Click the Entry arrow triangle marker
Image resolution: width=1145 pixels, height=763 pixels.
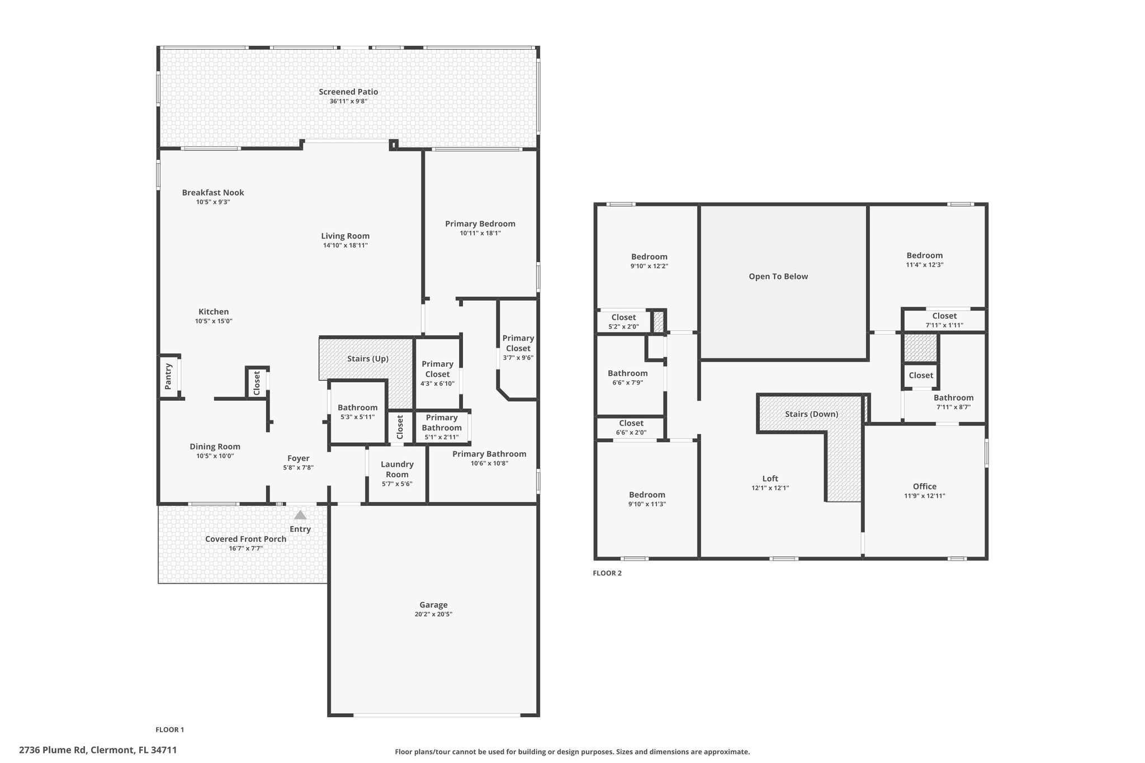(300, 515)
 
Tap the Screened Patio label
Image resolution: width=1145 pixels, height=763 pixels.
(348, 92)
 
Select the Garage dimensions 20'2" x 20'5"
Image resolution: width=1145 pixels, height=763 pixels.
(433, 614)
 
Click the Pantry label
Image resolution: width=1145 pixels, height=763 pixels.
(168, 376)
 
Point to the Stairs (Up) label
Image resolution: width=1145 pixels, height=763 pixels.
(367, 359)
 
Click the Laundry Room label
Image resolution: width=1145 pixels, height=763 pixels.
(397, 469)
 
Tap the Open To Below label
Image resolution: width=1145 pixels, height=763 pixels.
(778, 276)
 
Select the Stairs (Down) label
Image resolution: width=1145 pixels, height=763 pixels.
(811, 414)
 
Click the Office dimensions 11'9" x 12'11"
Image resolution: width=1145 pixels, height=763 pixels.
(924, 496)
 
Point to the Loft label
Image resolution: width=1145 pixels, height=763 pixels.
(770, 478)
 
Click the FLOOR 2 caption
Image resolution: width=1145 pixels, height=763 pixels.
(607, 573)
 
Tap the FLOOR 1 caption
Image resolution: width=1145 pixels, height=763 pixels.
(169, 729)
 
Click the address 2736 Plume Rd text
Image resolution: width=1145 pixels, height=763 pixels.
(98, 750)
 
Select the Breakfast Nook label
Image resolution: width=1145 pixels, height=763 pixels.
(213, 192)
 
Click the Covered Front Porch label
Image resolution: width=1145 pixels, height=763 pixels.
(245, 539)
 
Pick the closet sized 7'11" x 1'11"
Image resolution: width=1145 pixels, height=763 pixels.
(944, 320)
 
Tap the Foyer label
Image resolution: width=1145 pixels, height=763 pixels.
(298, 458)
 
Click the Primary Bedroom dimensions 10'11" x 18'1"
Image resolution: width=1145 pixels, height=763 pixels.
(480, 233)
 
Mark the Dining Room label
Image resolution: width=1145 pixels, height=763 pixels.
(215, 446)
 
